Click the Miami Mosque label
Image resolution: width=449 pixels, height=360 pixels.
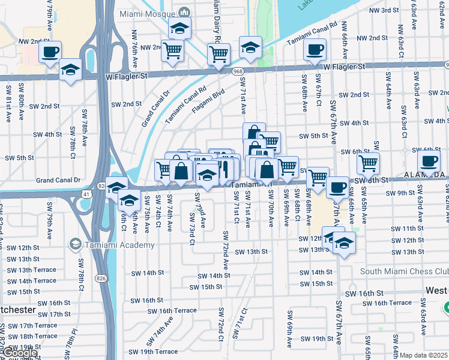148,13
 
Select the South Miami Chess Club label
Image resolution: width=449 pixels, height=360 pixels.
404,271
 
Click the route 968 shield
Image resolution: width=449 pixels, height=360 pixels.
238,71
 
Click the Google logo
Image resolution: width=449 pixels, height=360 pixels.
19,353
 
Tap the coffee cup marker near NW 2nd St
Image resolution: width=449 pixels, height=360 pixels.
50,52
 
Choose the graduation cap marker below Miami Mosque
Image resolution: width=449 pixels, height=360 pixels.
179,28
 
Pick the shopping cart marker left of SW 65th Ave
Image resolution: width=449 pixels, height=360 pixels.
367,163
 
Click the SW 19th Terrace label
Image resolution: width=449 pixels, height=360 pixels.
153,352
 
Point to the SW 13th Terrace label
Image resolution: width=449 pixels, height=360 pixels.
31,270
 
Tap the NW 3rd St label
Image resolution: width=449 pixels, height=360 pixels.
384,10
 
